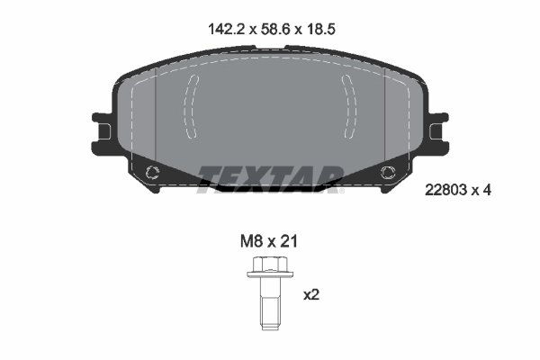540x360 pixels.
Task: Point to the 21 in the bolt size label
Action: [288, 241]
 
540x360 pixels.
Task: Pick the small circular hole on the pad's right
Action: [387, 173]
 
